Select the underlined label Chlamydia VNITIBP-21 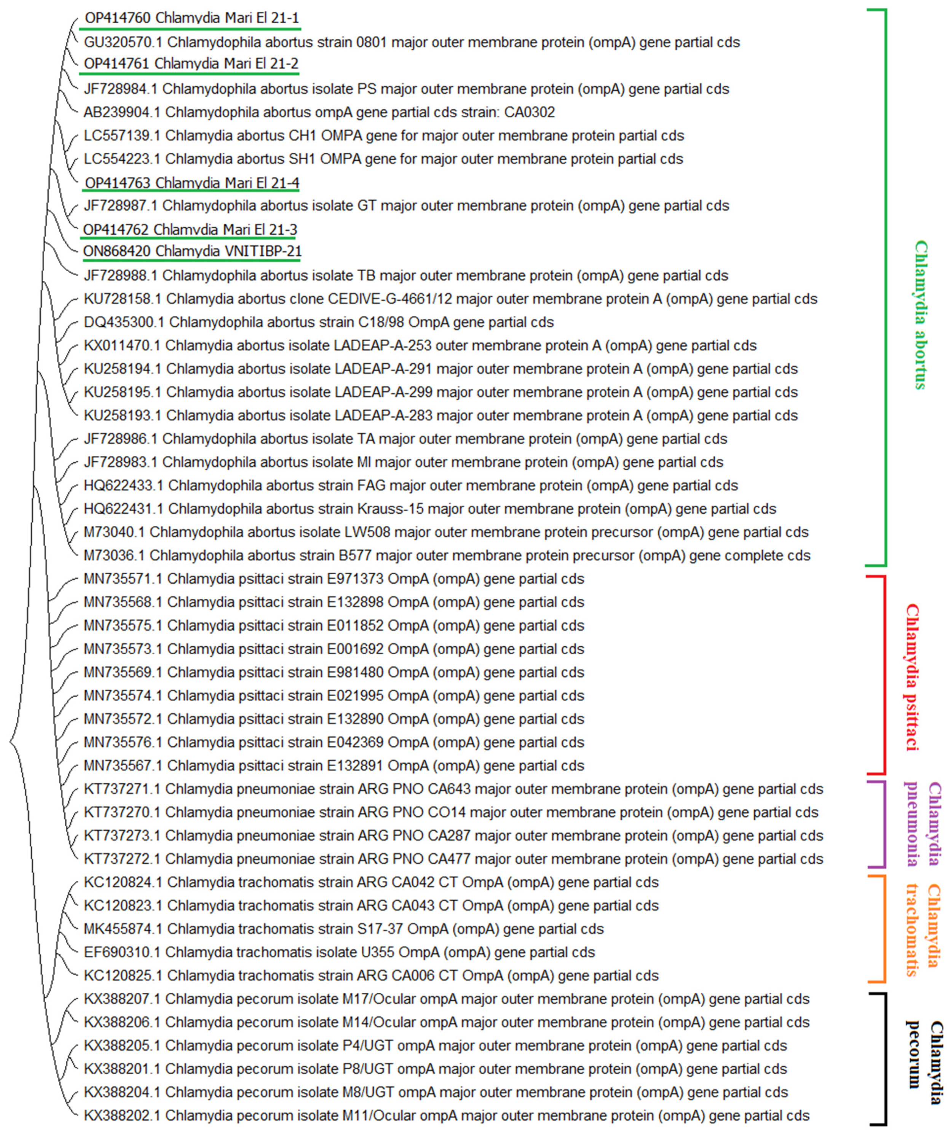pos(192,252)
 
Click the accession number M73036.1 pos(114,556)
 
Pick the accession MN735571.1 pos(123,579)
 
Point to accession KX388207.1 pos(122,999)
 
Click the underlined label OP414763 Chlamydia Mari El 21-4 pos(192,183)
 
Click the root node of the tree pos(11,741)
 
